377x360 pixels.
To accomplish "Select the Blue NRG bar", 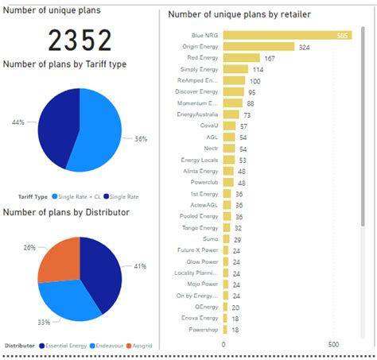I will (287, 35).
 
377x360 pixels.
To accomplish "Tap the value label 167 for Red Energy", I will (270, 58).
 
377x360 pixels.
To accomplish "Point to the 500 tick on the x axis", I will (333, 344).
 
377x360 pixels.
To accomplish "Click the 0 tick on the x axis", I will (223, 344).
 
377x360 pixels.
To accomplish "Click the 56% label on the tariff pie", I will (141, 138).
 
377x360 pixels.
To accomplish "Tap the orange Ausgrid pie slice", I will (60, 258).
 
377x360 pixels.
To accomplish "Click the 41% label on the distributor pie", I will (140, 266).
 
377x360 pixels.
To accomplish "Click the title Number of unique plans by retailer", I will (239, 14).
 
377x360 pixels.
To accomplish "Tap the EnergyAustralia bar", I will (231, 114).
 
